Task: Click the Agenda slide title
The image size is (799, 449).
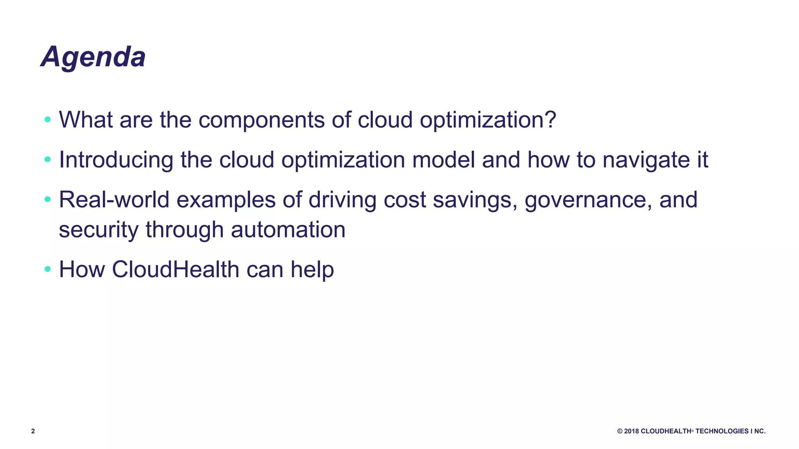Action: [x=93, y=57]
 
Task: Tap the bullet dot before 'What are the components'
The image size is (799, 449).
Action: [x=48, y=119]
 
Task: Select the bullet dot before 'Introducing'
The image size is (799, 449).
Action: [x=48, y=159]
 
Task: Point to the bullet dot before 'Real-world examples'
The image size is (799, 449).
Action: [x=48, y=200]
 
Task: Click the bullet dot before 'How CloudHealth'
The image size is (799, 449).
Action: [x=48, y=269]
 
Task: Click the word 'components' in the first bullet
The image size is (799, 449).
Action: [x=261, y=120]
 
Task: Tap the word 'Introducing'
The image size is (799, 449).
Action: [x=116, y=160]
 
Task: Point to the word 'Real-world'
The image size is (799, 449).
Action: [x=114, y=200]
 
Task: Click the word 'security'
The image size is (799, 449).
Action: [x=98, y=230]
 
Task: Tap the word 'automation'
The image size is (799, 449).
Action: [x=288, y=230]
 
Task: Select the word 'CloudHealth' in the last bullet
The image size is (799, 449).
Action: [x=176, y=269]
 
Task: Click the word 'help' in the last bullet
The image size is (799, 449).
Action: [x=312, y=270]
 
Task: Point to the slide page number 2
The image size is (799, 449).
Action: [x=33, y=431]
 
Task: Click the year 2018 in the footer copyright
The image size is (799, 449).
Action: [x=632, y=431]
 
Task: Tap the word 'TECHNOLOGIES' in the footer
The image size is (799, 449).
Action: [x=722, y=431]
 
